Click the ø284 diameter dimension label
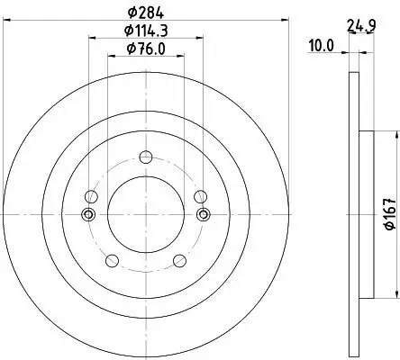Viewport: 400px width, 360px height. click(145, 12)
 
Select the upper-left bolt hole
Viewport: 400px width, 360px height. click(89, 196)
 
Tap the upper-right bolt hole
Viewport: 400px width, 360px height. click(200, 196)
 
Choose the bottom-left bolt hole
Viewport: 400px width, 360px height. click(112, 261)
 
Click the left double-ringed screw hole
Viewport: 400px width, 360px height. click(88, 214)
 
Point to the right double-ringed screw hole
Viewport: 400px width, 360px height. click(203, 214)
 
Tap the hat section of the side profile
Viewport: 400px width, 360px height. click(367, 214)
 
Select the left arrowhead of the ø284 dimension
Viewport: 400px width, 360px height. click(8, 21)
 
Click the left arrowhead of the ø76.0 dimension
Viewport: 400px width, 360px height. click(111, 55)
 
